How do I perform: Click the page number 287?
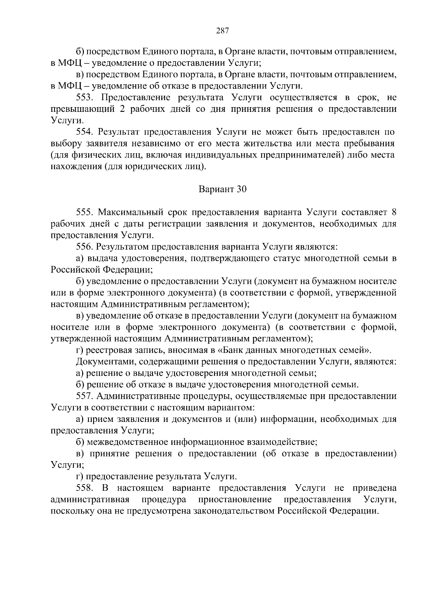click(222, 30)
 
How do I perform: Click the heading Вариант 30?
click(222, 189)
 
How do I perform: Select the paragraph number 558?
click(85, 488)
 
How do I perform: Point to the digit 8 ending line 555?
click(393, 212)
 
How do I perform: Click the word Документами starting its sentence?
click(103, 362)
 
